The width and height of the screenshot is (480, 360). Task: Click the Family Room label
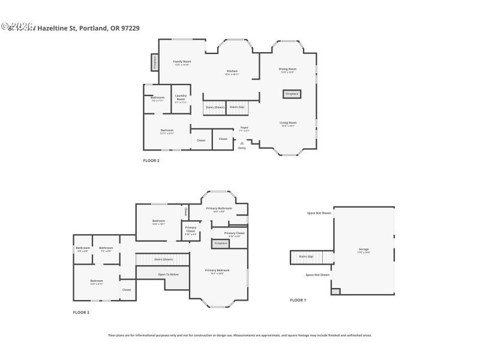click(x=182, y=62)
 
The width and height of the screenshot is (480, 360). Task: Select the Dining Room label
click(x=287, y=70)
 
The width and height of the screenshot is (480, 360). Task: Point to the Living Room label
click(x=288, y=124)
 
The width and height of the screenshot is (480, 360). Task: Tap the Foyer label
click(x=244, y=128)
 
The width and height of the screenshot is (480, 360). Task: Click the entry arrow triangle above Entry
click(x=242, y=143)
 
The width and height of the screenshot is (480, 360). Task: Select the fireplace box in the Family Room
click(x=154, y=62)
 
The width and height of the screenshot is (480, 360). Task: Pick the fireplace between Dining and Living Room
click(x=292, y=94)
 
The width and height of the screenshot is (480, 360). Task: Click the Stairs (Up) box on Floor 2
click(x=236, y=107)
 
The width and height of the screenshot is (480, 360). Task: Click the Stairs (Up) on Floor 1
click(x=306, y=257)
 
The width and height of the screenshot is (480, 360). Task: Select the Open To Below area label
click(x=168, y=274)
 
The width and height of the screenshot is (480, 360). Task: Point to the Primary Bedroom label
click(x=217, y=271)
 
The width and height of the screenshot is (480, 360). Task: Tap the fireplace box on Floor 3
click(x=220, y=243)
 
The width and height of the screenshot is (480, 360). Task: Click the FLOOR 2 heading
click(x=151, y=161)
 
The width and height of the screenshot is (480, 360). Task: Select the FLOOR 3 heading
click(x=81, y=313)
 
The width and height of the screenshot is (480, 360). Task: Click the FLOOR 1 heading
click(x=298, y=300)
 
